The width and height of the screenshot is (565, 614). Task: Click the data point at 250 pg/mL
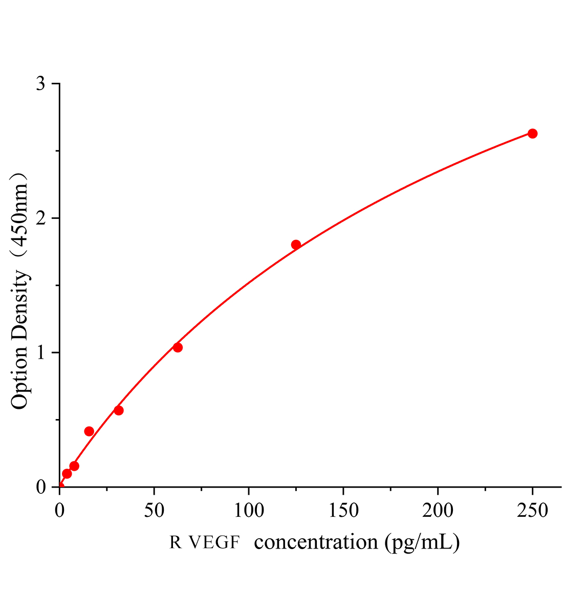pyautogui.click(x=532, y=134)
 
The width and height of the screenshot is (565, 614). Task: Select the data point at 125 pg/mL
pyautogui.click(x=296, y=245)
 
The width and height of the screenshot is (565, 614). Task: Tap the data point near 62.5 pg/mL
pyautogui.click(x=178, y=347)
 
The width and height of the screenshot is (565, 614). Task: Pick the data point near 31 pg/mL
pyautogui.click(x=119, y=410)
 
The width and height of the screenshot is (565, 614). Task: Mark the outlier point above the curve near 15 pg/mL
pyautogui.click(x=89, y=431)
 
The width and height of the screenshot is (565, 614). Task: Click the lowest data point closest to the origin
pyautogui.click(x=67, y=474)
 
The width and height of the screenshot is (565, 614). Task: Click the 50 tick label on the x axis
pyautogui.click(x=154, y=510)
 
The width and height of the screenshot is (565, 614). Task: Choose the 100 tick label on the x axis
pyautogui.click(x=248, y=510)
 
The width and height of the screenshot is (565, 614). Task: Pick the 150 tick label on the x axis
pyautogui.click(x=343, y=510)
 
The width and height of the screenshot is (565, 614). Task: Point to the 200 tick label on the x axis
pyautogui.click(x=438, y=510)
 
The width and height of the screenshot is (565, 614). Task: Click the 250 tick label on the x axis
pyautogui.click(x=532, y=510)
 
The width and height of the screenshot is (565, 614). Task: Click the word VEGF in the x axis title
pyautogui.click(x=214, y=542)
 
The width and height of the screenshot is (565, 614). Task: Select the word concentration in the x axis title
pyautogui.click(x=316, y=542)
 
